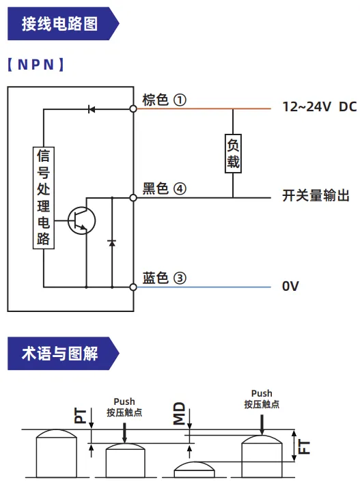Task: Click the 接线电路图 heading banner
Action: [63, 23]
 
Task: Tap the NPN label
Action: [36, 65]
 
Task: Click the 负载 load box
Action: [233, 154]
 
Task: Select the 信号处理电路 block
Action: [44, 198]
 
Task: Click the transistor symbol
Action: [81, 221]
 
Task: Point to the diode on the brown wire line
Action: [92, 109]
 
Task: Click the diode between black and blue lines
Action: [111, 243]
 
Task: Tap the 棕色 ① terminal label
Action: [164, 100]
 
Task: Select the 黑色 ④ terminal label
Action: [164, 188]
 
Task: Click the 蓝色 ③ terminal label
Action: [164, 278]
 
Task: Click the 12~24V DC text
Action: [320, 106]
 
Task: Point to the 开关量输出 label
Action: [316, 195]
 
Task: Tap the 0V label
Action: [290, 286]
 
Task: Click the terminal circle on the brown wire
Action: [133, 109]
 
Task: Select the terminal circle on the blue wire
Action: [133, 287]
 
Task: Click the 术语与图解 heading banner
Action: [63, 354]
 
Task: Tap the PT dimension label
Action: [80, 416]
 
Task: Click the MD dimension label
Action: [179, 413]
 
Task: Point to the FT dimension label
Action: [305, 447]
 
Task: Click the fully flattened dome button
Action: [194, 470]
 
